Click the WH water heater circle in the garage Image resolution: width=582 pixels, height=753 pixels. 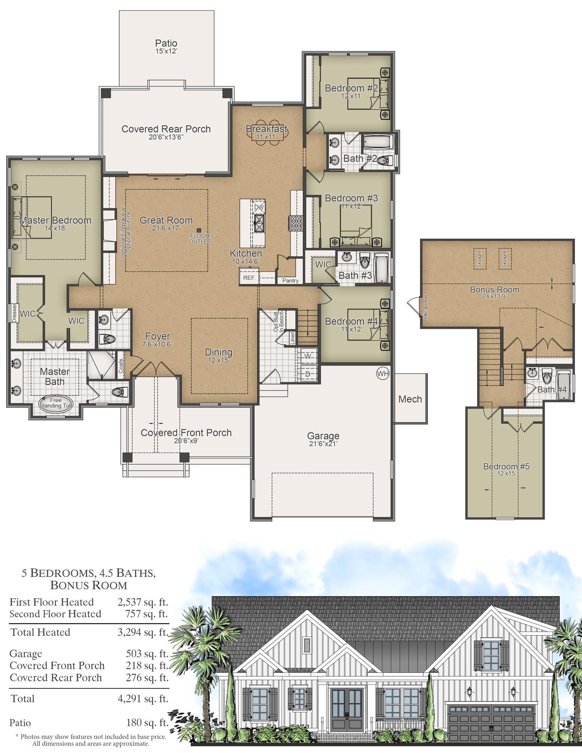tap(382, 374)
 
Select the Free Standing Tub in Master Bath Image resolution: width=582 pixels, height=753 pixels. tap(56, 403)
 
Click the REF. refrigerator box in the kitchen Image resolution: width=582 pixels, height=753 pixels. tap(249, 277)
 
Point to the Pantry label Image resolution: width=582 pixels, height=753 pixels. tap(290, 281)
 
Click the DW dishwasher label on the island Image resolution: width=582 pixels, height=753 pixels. tap(259, 208)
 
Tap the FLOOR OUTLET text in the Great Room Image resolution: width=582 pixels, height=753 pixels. tap(200, 239)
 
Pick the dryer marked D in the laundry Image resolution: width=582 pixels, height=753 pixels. tap(308, 374)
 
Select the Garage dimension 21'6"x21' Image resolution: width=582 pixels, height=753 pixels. tap(323, 444)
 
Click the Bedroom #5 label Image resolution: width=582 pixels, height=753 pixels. tap(506, 466)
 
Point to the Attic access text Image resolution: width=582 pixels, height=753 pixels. tap(425, 307)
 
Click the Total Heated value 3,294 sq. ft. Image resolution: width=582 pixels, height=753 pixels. tap(143, 632)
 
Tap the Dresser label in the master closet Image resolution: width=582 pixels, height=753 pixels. tap(14, 313)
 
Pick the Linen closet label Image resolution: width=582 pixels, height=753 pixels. tap(293, 338)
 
